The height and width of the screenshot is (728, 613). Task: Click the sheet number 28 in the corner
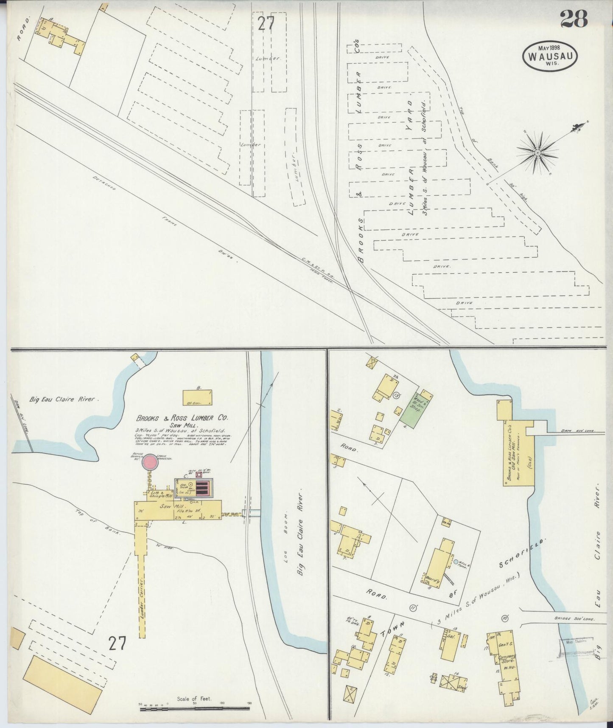click(574, 19)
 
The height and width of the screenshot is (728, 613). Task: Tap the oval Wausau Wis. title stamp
click(551, 56)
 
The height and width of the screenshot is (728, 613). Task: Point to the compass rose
click(537, 152)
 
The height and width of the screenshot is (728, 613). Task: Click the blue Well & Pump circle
click(456, 562)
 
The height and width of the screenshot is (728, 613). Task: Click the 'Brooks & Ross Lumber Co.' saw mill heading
click(182, 418)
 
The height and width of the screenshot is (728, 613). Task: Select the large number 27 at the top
click(266, 23)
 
